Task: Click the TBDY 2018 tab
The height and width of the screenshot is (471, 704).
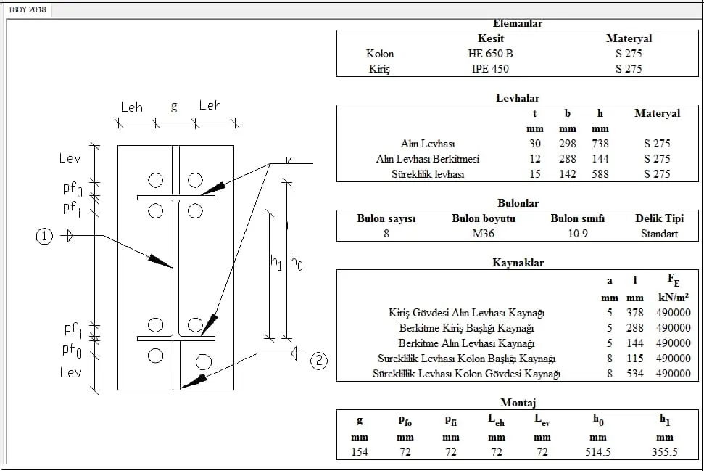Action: (x=27, y=9)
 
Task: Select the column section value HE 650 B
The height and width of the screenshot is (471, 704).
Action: (x=490, y=54)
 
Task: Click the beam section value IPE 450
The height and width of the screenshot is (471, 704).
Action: (x=490, y=69)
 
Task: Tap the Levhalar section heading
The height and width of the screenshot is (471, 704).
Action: (x=518, y=98)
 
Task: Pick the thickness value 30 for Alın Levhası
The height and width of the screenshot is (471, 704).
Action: (x=535, y=144)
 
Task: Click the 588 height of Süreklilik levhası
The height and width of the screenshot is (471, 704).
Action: (x=600, y=174)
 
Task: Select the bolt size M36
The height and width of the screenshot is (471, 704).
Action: (x=483, y=234)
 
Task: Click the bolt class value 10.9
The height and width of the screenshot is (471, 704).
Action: (x=578, y=234)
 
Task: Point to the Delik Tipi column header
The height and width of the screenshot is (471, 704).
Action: (x=659, y=219)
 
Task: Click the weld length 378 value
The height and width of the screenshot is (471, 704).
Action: (x=635, y=312)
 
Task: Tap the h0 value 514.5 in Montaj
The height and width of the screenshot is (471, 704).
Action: (x=598, y=451)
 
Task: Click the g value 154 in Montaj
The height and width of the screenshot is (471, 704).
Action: (x=360, y=451)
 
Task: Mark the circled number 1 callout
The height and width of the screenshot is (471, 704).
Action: (x=44, y=236)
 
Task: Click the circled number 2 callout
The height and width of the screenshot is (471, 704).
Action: (x=319, y=361)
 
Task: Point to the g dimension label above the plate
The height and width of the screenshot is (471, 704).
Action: (x=174, y=107)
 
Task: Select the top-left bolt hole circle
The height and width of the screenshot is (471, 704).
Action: (x=155, y=180)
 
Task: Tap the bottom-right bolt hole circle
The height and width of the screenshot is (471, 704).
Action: (x=204, y=362)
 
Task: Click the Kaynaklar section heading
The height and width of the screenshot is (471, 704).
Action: (x=518, y=263)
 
